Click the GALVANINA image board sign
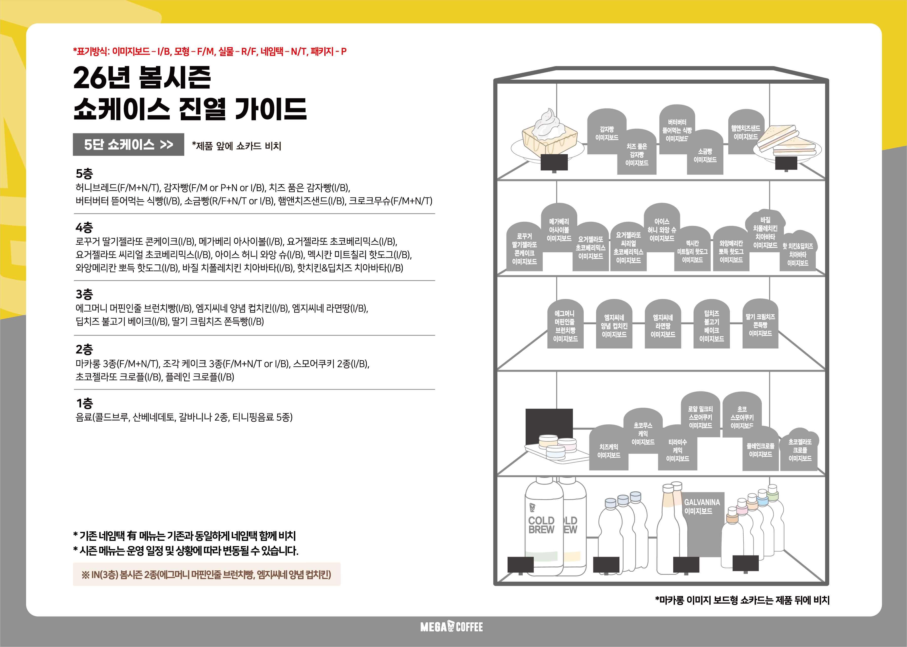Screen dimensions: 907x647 702,524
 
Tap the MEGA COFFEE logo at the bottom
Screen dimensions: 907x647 451,627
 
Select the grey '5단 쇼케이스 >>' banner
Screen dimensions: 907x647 128,144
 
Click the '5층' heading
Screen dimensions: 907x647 84,173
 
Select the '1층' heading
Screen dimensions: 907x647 84,403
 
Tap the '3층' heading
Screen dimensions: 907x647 84,294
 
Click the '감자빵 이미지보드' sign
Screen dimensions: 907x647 606,132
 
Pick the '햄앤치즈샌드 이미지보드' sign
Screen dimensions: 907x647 746,132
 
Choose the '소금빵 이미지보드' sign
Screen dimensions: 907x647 705,152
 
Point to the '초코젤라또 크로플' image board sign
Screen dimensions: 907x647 800,450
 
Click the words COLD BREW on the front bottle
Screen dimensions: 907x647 541,525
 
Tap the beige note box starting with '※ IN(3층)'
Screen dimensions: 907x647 207,574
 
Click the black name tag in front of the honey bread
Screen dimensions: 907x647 554,163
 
